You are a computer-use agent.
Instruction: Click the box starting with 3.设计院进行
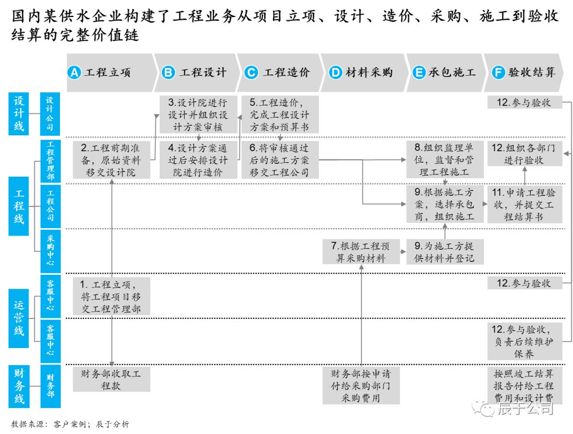[x=197, y=115]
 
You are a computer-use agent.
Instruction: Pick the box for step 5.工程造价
[x=279, y=115]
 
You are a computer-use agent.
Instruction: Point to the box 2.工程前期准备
[x=112, y=160]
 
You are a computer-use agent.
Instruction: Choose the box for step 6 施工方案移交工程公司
[x=279, y=160]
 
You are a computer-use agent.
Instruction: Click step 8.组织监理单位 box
[x=445, y=160]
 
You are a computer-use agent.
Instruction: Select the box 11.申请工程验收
[x=525, y=204]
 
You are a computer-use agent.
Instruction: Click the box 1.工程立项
[x=112, y=296]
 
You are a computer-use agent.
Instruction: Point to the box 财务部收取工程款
[x=111, y=380]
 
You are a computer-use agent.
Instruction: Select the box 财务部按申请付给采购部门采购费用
[x=361, y=386]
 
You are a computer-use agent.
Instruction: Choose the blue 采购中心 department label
[x=50, y=250]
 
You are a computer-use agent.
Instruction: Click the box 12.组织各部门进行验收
[x=525, y=154]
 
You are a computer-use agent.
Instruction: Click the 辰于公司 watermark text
[x=525, y=408]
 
